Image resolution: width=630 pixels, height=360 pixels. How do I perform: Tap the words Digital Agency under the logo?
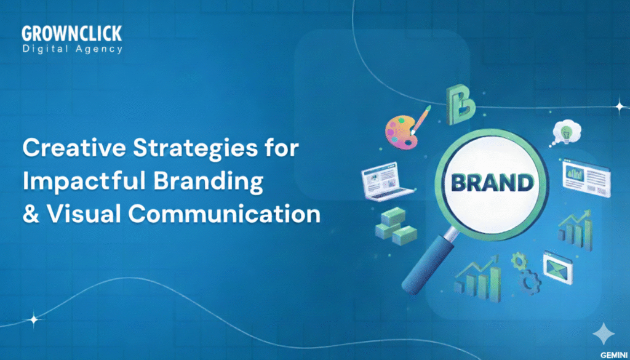(x=72, y=49)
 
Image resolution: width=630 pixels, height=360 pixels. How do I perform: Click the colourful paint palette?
(x=402, y=126)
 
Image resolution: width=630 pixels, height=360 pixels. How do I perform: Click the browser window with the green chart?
(x=585, y=175)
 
